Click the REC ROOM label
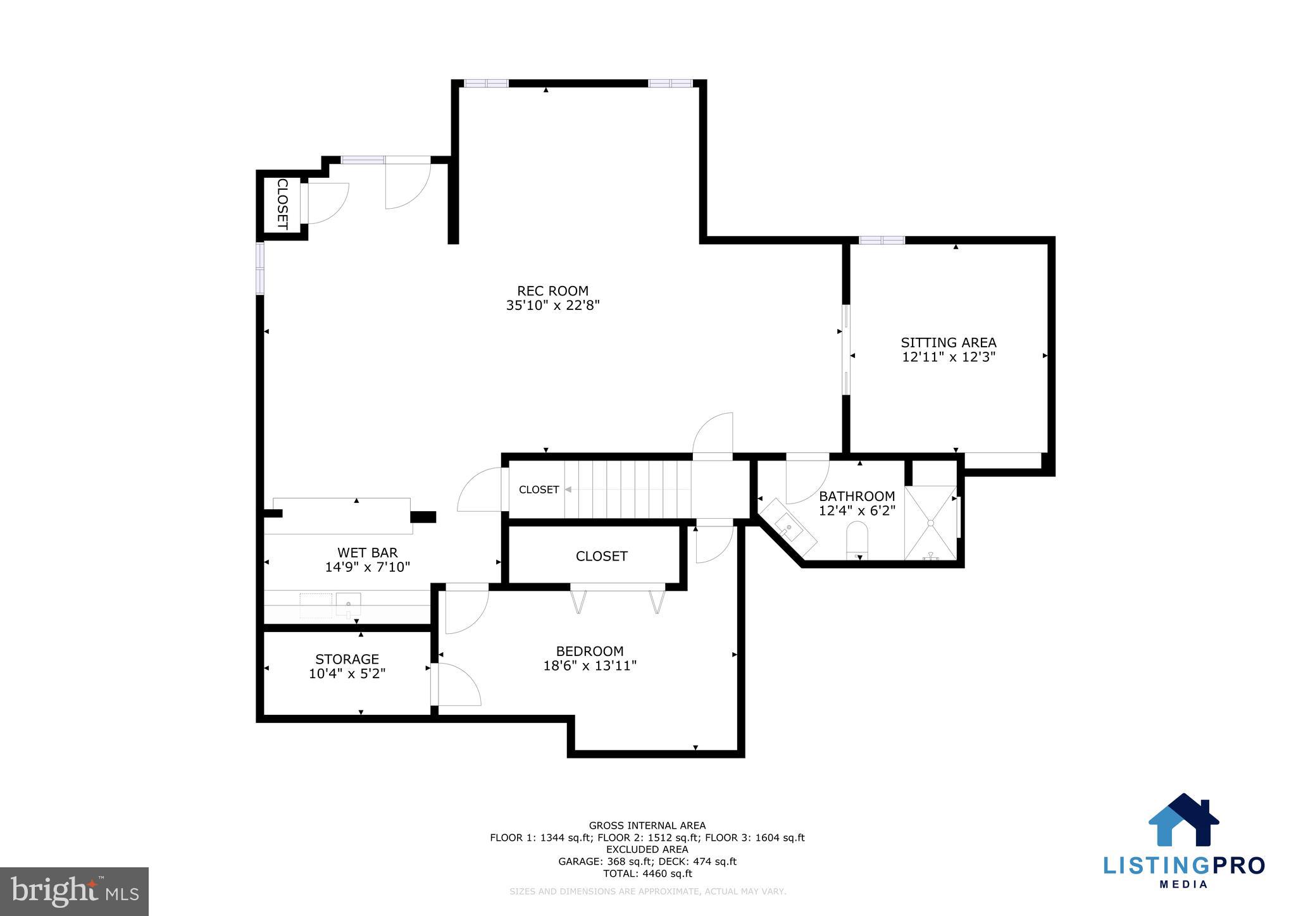click(x=552, y=291)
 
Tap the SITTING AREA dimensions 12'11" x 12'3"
click(x=949, y=357)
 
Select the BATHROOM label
click(x=857, y=496)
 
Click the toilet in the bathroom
click(x=858, y=541)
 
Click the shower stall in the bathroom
click(x=930, y=523)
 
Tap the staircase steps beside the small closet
click(x=626, y=489)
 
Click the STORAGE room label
click(x=347, y=659)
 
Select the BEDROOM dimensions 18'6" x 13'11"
click(x=590, y=665)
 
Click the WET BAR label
click(x=367, y=553)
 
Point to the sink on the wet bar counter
click(x=348, y=604)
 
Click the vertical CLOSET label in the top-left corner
click(x=282, y=204)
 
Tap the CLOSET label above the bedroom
click(x=601, y=556)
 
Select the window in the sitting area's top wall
click(x=882, y=240)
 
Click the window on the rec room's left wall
click(x=259, y=268)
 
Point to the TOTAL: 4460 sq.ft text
click(x=647, y=874)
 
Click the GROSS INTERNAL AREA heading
click(x=647, y=826)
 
